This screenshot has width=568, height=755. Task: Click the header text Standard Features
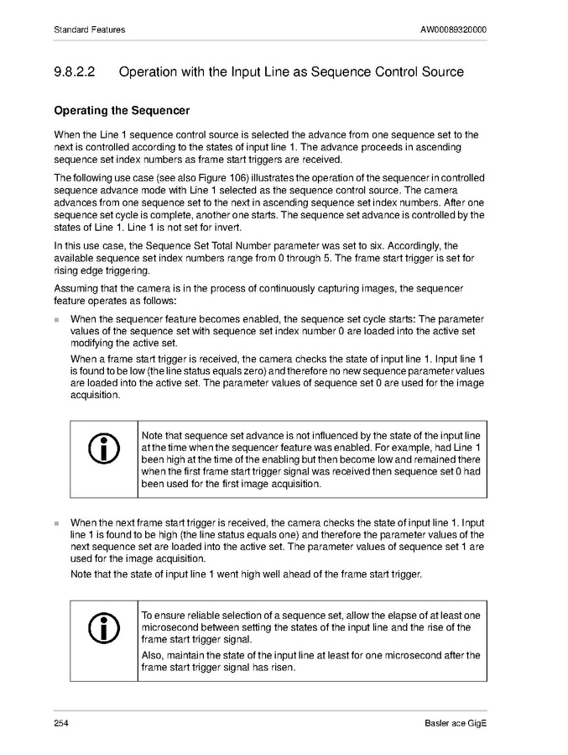point(89,29)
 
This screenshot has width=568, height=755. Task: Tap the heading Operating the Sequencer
point(122,111)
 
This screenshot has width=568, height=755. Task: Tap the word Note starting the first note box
point(153,435)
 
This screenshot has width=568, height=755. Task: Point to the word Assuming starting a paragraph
point(76,289)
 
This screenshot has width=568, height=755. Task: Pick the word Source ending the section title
point(440,72)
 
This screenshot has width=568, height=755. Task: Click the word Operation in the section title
point(152,72)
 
